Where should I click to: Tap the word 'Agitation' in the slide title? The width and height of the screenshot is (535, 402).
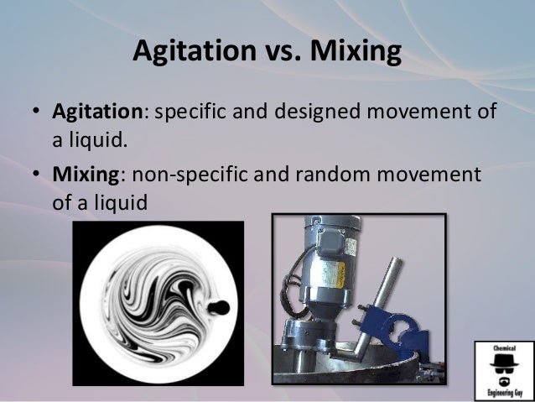(x=191, y=52)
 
